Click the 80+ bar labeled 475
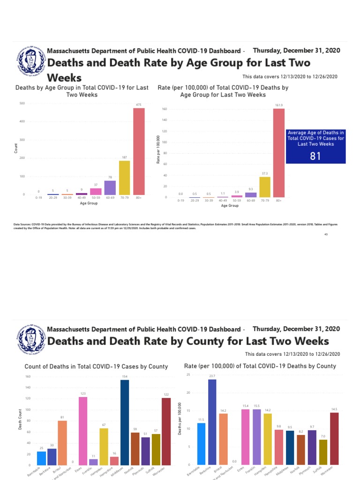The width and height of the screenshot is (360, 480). [x=139, y=151]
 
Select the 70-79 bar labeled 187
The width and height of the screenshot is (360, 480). [x=125, y=178]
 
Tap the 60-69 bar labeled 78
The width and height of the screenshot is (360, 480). [x=110, y=187]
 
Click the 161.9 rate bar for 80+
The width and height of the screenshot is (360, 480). [x=279, y=153]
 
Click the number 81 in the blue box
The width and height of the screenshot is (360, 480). [x=315, y=156]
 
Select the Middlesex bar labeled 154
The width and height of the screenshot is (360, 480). [x=125, y=422]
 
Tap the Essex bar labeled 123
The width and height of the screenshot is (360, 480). [x=83, y=431]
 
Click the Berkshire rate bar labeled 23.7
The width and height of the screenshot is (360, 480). [x=212, y=422]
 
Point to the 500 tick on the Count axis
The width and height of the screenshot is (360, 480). [x=22, y=103]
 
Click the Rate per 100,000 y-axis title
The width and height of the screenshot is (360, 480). [x=158, y=152]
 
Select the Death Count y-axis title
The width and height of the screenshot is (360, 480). [x=20, y=421]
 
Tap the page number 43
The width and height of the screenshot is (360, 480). [x=325, y=234]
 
